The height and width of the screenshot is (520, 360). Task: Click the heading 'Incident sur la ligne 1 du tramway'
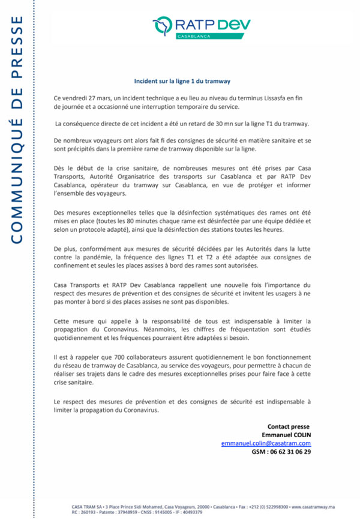[x=182, y=80]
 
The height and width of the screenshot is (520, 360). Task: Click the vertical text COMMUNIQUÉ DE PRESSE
[x=17, y=130]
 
